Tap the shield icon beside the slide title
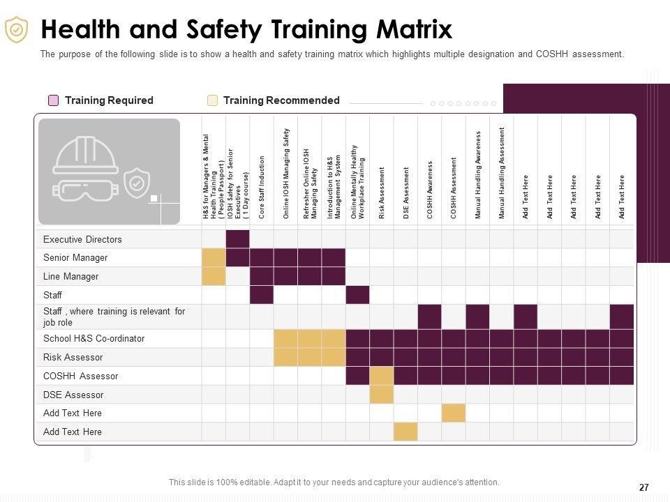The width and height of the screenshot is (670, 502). pos(16,30)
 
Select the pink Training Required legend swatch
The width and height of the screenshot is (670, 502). pos(54,100)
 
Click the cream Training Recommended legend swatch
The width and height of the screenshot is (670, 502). pos(213,100)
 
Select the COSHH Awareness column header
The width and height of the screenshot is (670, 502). pos(430,190)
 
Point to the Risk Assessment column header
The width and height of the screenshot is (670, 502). pos(382,193)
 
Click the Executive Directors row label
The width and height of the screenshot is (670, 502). pos(82,239)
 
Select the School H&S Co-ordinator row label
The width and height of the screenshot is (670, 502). pos(94,339)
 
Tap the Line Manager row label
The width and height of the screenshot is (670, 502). pos(70,277)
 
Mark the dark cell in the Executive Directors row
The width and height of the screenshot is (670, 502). pos(238,239)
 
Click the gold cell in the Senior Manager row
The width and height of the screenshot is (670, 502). pos(214,258)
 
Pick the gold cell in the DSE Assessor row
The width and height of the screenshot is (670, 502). pos(382,395)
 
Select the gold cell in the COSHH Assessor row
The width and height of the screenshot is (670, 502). pos(382,376)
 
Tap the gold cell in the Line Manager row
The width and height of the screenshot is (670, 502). pos(214,277)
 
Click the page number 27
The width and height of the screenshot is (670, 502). pos(643,488)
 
